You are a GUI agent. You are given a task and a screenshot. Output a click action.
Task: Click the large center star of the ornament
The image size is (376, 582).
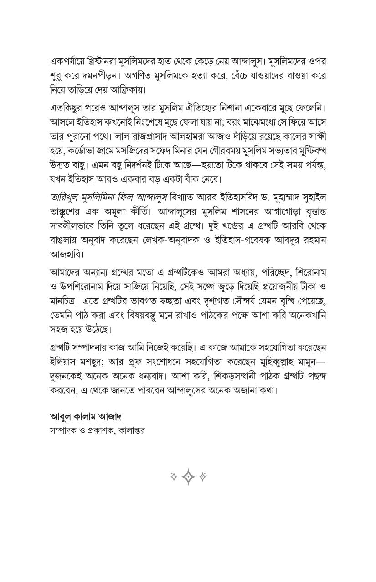[188, 477]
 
